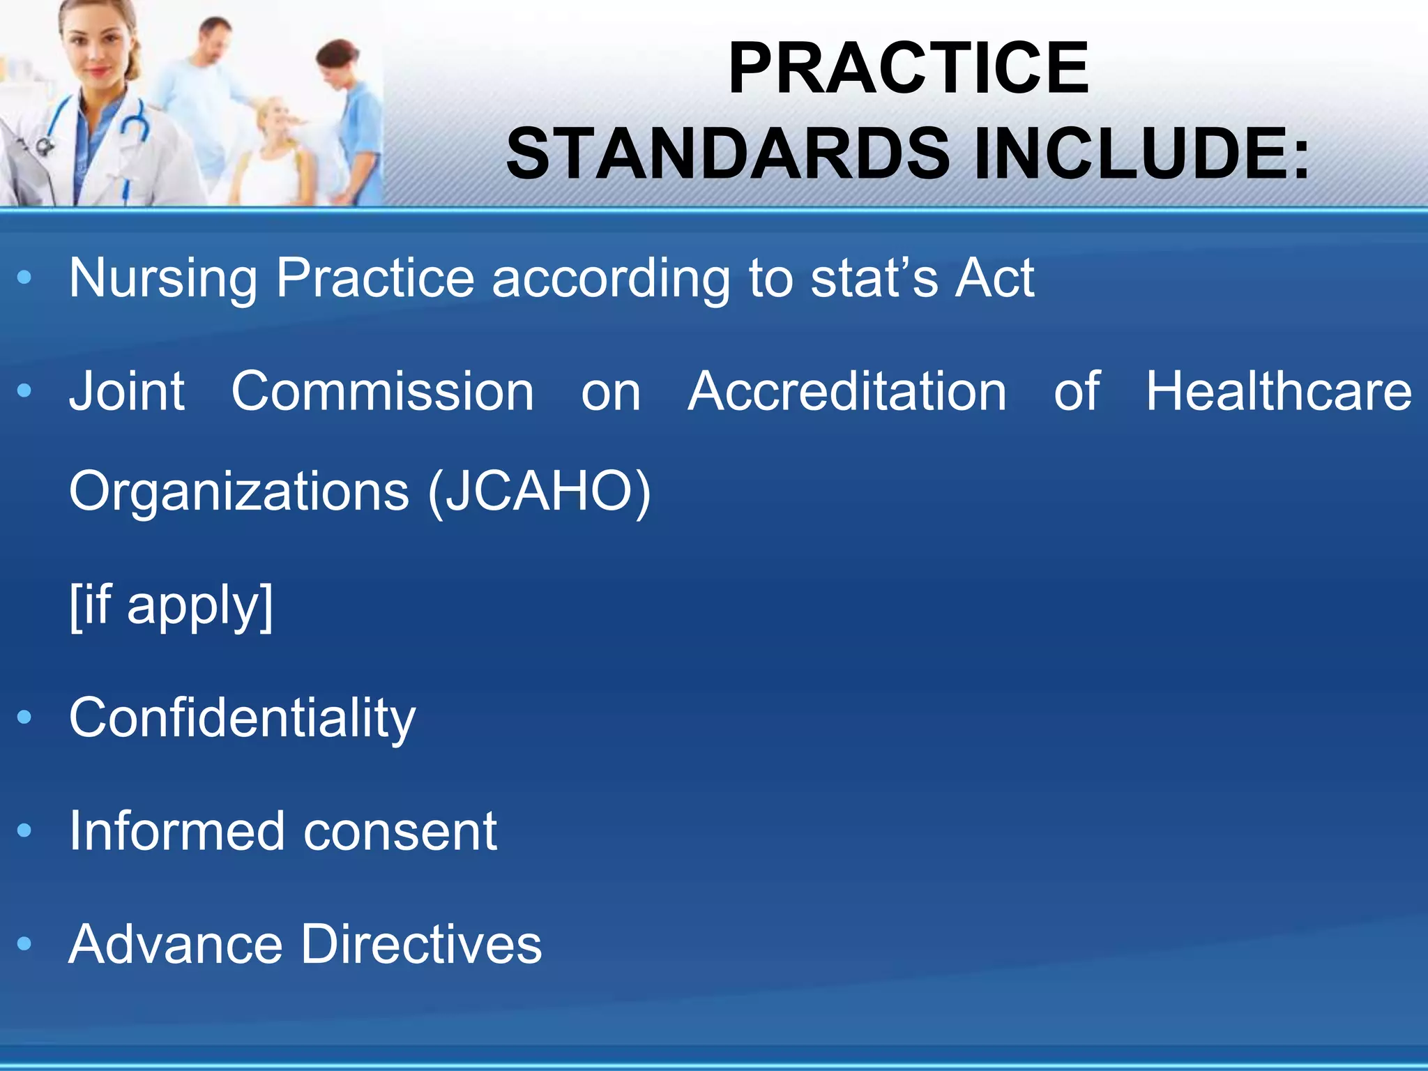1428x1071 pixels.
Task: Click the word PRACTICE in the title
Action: (908, 68)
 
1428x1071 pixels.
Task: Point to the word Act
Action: (995, 278)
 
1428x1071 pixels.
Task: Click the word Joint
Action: (127, 392)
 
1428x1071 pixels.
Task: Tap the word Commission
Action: (383, 392)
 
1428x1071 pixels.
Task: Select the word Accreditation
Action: (847, 392)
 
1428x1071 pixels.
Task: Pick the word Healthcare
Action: (1279, 392)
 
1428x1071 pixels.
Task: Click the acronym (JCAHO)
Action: (540, 492)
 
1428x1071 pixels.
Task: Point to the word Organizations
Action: (238, 492)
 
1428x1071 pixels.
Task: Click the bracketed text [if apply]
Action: (172, 605)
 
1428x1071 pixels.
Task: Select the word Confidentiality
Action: (242, 718)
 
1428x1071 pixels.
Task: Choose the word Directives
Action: (421, 944)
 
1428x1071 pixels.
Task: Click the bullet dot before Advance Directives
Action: (24, 944)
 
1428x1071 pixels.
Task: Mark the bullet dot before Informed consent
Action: (24, 831)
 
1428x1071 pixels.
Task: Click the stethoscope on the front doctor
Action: (129, 129)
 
